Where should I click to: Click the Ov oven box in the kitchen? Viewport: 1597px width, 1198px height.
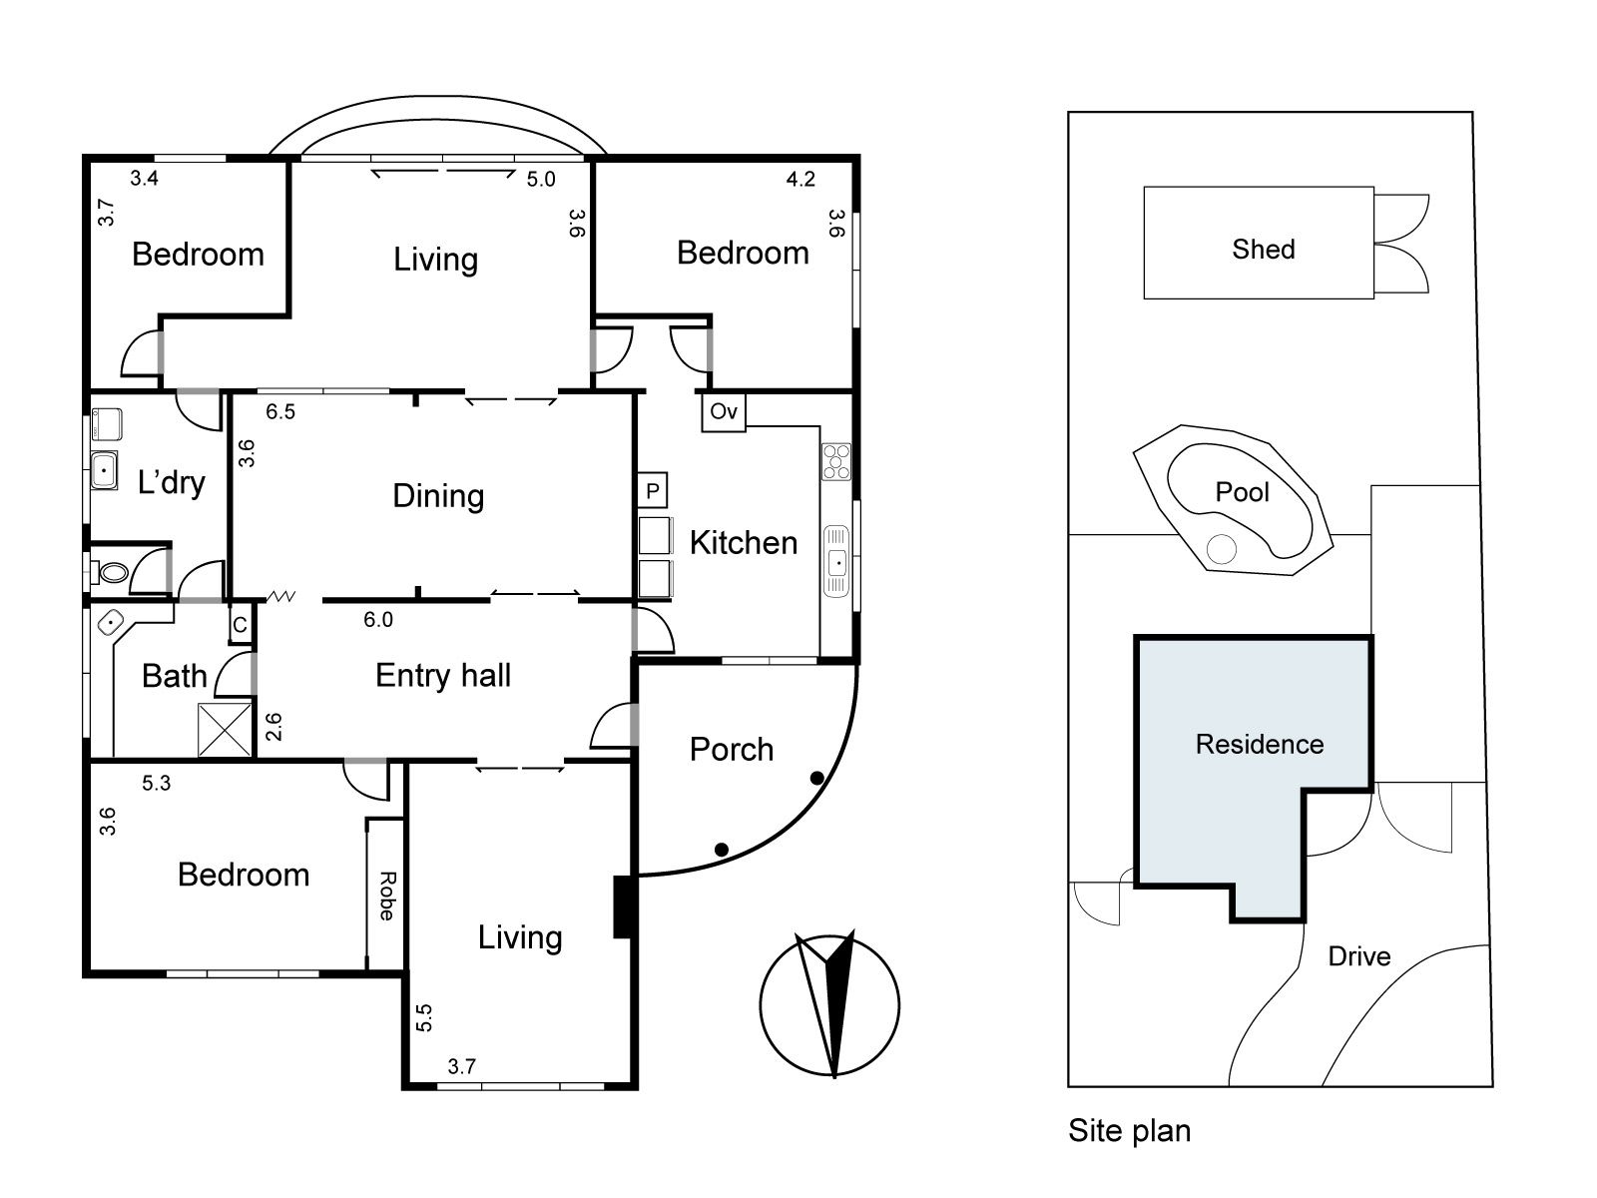pos(724,411)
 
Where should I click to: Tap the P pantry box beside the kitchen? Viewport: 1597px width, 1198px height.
pos(653,490)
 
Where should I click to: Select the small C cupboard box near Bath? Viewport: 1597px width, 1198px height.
pos(240,625)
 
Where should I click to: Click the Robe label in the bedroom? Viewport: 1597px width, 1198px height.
pos(386,896)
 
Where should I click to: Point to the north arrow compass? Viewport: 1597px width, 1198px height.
pos(829,1004)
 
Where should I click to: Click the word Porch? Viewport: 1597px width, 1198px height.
pos(732,750)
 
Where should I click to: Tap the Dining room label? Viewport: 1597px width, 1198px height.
pos(438,496)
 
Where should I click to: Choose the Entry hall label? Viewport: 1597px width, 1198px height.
pos(443,676)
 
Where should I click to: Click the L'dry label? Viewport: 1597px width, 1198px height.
pos(172,483)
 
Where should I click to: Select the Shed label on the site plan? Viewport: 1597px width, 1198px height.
pos(1263,249)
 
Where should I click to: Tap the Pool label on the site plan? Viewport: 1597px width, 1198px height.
pos(1242,491)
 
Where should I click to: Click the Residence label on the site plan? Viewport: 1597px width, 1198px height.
pos(1260,744)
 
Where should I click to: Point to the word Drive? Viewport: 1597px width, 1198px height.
pos(1358,956)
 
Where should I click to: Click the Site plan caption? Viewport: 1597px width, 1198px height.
pos(1129,1131)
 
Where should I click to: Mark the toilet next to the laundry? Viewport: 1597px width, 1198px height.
pos(112,572)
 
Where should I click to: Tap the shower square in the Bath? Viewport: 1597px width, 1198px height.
pos(226,729)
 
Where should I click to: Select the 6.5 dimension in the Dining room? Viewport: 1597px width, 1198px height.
pos(280,411)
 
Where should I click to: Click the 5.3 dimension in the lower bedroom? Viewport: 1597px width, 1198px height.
pos(157,784)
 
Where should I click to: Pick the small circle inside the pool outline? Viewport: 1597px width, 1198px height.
pos(1221,548)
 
